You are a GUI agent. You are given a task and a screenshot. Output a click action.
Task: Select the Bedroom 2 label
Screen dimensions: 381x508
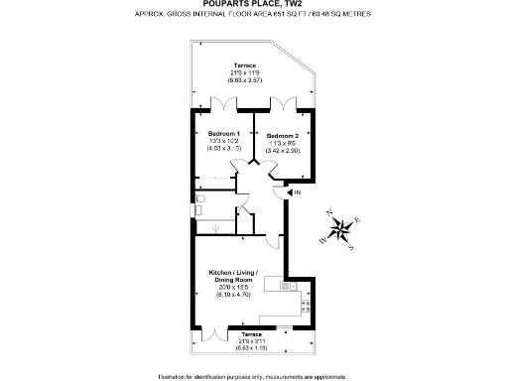click(x=283, y=135)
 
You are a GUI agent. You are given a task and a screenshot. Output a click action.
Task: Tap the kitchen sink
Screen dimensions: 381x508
click(x=286, y=286)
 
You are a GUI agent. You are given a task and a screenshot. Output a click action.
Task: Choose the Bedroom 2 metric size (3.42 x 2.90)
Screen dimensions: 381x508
click(x=283, y=151)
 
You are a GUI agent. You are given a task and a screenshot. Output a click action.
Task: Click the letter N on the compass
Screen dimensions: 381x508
click(x=330, y=212)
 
